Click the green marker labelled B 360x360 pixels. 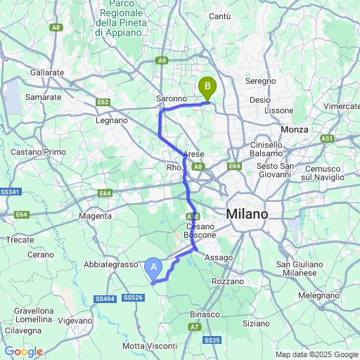pyautogui.click(x=207, y=88)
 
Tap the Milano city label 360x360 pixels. pyautogui.click(x=247, y=214)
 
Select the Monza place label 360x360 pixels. pyautogui.click(x=295, y=129)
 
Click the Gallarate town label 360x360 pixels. pyautogui.click(x=47, y=72)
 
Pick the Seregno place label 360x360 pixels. pyautogui.click(x=262, y=82)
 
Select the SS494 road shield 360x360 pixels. pyautogui.click(x=105, y=299)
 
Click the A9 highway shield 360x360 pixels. pyautogui.click(x=162, y=61)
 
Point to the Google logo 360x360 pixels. pyautogui.click(x=23, y=352)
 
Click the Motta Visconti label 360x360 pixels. pyautogui.click(x=150, y=346)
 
